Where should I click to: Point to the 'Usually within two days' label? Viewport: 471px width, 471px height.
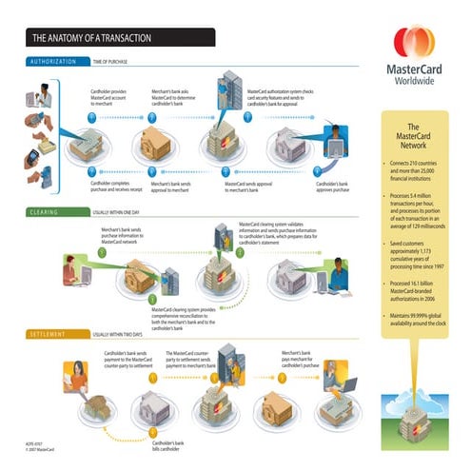125,335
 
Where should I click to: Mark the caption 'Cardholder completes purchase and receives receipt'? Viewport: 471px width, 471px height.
114,186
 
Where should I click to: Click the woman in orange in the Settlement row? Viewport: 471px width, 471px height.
75,377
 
